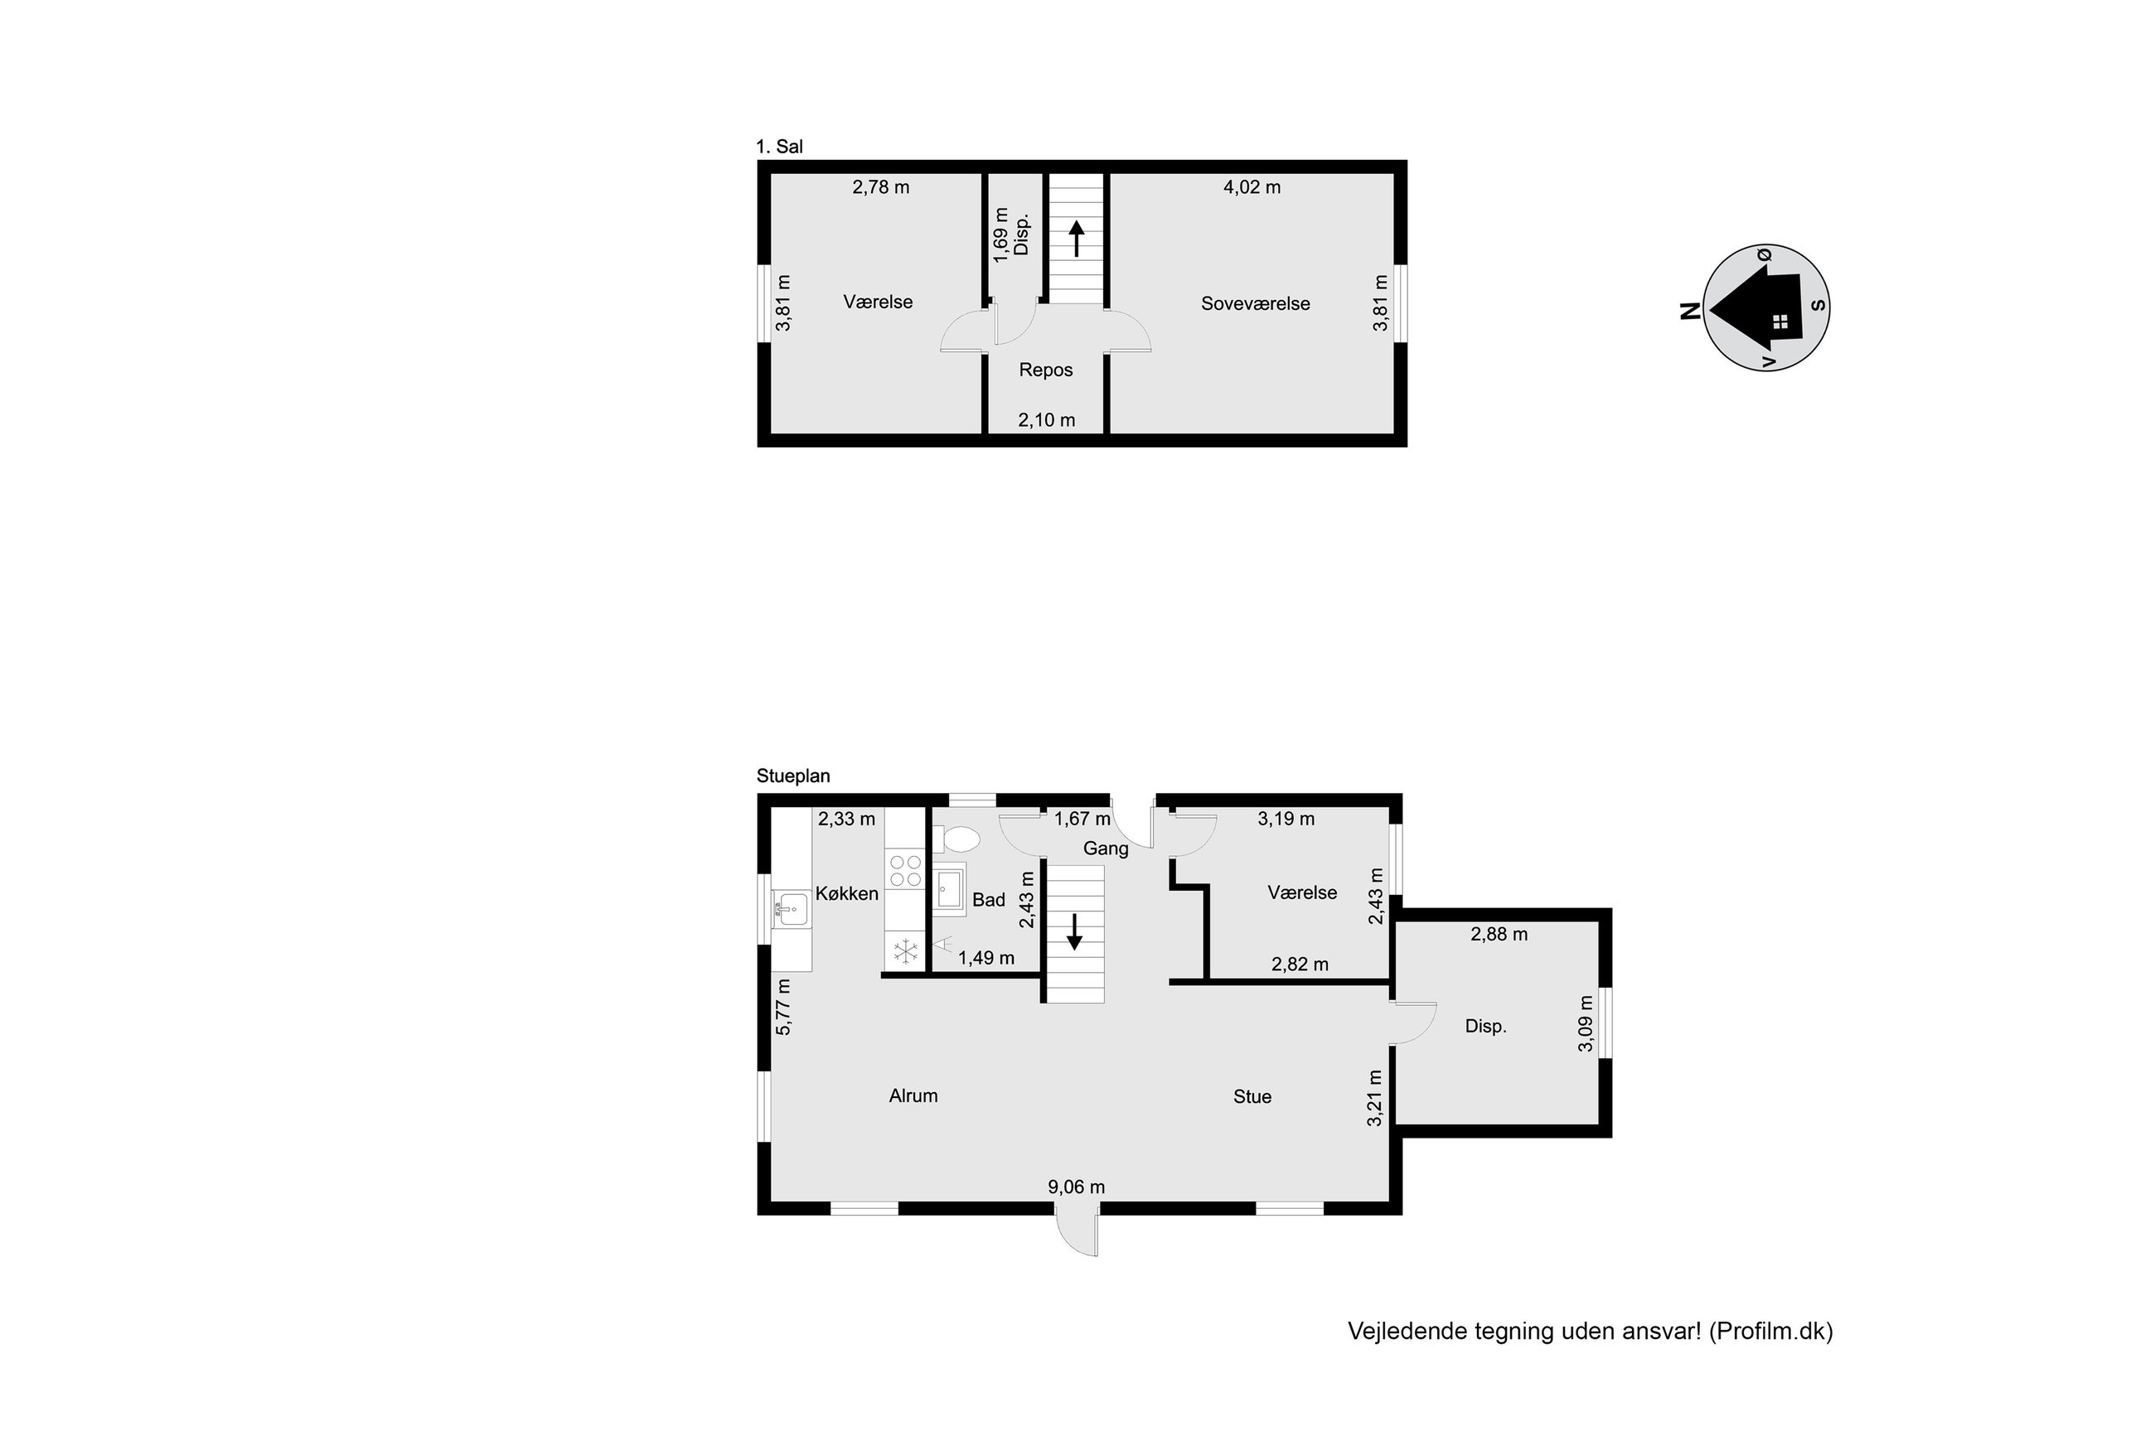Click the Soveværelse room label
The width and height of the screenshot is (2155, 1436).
pos(1255,303)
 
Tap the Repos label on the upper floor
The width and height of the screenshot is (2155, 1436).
pos(1045,370)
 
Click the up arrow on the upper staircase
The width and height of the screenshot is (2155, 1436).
pos(1076,239)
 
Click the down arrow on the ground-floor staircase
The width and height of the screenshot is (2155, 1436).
pos(1074,931)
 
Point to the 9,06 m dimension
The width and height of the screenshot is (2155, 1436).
pos(1076,1187)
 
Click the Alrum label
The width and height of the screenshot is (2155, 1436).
pos(913,1096)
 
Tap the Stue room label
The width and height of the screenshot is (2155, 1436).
pos(1252,1097)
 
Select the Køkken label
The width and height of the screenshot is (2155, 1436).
pos(846,894)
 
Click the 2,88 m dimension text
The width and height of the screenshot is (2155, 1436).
pos(1499,935)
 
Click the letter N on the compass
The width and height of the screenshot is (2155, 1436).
pos(1690,312)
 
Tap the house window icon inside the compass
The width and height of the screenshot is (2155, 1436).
pos(1780,322)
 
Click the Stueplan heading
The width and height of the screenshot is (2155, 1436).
pos(793,776)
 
